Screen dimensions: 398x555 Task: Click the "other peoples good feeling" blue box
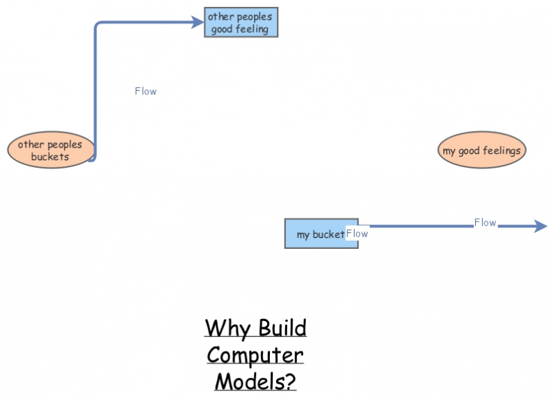coord(241,22)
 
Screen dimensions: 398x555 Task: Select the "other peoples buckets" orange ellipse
coord(50,150)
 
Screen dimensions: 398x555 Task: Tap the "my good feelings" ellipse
coord(481,150)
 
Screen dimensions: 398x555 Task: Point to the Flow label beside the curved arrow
coord(146,91)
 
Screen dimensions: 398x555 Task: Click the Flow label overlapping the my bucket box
coord(357,234)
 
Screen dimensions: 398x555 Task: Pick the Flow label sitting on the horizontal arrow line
coord(485,223)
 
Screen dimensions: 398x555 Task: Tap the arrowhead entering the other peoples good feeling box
coord(197,22)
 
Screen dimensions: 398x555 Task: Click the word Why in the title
coord(228,328)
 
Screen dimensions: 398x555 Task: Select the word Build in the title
coord(282,328)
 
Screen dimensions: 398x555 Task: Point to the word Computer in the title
coord(255,355)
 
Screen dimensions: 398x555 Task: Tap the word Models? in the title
coord(255,381)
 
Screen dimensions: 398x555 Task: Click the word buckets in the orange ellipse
coord(50,157)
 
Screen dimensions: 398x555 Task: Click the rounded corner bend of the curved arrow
coord(98,26)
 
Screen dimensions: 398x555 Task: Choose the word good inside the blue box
coord(222,29)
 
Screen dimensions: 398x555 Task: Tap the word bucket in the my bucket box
coord(328,234)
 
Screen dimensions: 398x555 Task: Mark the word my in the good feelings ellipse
coord(449,150)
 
